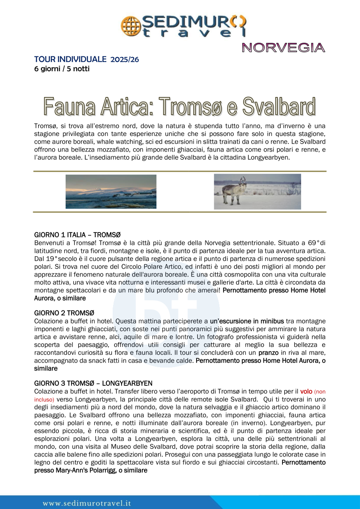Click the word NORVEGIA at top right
point(283,48)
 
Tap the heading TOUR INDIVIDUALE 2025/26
point(86,59)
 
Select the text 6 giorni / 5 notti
point(62,68)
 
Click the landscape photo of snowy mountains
point(111,191)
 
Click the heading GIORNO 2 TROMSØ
point(64,313)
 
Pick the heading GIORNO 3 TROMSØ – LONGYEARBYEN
point(93,383)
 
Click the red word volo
point(306,391)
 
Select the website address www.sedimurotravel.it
point(87,503)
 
